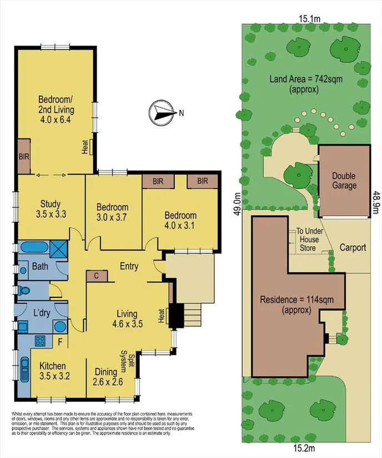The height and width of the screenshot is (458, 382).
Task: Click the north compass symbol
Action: click(161, 112)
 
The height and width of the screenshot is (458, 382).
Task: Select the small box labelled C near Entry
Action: click(97, 276)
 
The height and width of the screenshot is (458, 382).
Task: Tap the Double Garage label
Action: click(344, 181)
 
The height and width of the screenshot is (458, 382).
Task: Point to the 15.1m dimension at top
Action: click(310, 19)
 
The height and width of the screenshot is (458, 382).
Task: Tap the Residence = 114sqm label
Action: click(294, 305)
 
